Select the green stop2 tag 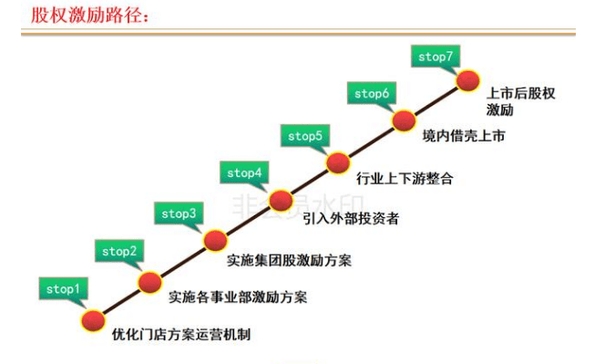pyautogui.click(x=119, y=251)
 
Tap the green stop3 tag pyautogui.click(x=179, y=213)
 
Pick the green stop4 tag pyautogui.click(x=244, y=172)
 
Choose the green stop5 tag pyautogui.click(x=305, y=136)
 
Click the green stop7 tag pyautogui.click(x=436, y=57)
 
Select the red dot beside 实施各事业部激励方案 pyautogui.click(x=151, y=281)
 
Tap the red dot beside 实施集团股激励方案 pyautogui.click(x=215, y=240)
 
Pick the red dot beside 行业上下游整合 pyautogui.click(x=339, y=162)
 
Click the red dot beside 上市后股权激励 pyautogui.click(x=467, y=80)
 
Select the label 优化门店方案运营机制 pyautogui.click(x=181, y=335)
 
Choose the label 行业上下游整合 pyautogui.click(x=405, y=179)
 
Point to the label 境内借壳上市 pyautogui.click(x=464, y=136)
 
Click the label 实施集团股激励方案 pyautogui.click(x=289, y=260)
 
